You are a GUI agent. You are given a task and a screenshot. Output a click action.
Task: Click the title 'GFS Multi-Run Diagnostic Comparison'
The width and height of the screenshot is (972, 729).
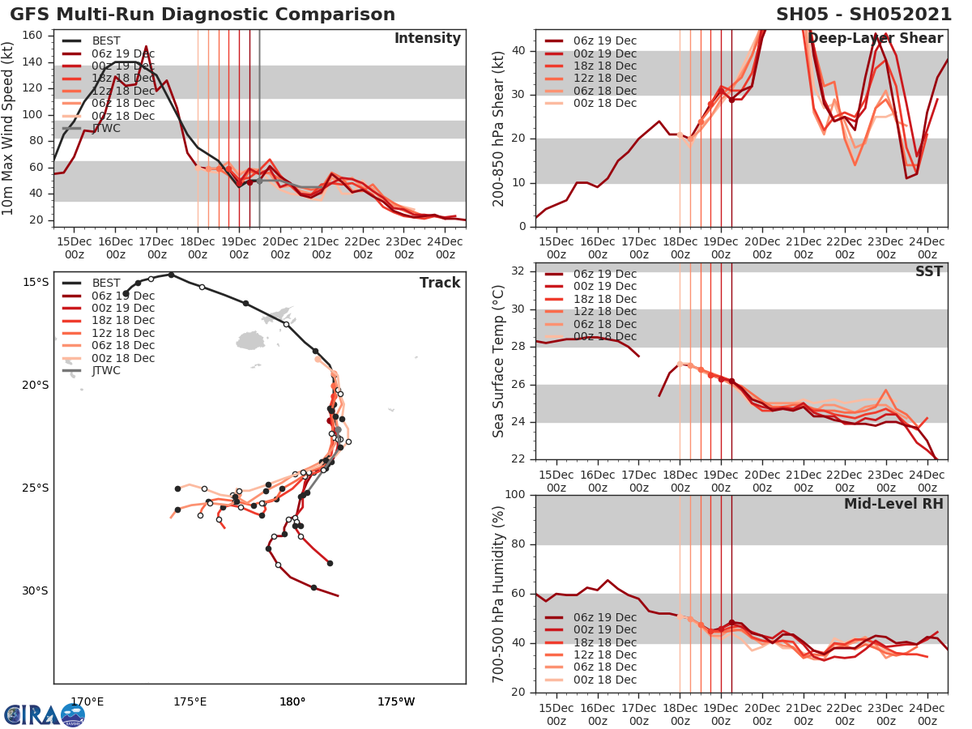pyautogui.click(x=202, y=15)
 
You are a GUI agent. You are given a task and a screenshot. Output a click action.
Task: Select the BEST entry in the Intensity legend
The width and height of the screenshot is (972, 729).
pyautogui.click(x=106, y=41)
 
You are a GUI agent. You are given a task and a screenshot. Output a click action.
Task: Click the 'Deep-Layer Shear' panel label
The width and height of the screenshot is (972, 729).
pyautogui.click(x=875, y=39)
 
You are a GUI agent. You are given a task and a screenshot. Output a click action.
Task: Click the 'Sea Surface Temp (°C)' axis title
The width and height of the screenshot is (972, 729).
pyautogui.click(x=499, y=361)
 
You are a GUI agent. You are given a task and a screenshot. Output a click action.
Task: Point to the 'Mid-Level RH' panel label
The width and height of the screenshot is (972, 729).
pyautogui.click(x=893, y=504)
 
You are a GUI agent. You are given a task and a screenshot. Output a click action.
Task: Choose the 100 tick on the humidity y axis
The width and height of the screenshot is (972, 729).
pyautogui.click(x=514, y=495)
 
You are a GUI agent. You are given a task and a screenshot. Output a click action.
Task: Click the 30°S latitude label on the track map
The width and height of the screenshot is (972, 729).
pyautogui.click(x=35, y=591)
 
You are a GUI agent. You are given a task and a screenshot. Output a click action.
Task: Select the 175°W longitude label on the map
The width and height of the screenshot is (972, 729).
pyautogui.click(x=395, y=702)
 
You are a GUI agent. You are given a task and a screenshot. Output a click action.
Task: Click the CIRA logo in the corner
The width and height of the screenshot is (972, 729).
pyautogui.click(x=44, y=714)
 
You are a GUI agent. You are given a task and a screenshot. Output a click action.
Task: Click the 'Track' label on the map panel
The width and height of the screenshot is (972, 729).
pyautogui.click(x=440, y=283)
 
